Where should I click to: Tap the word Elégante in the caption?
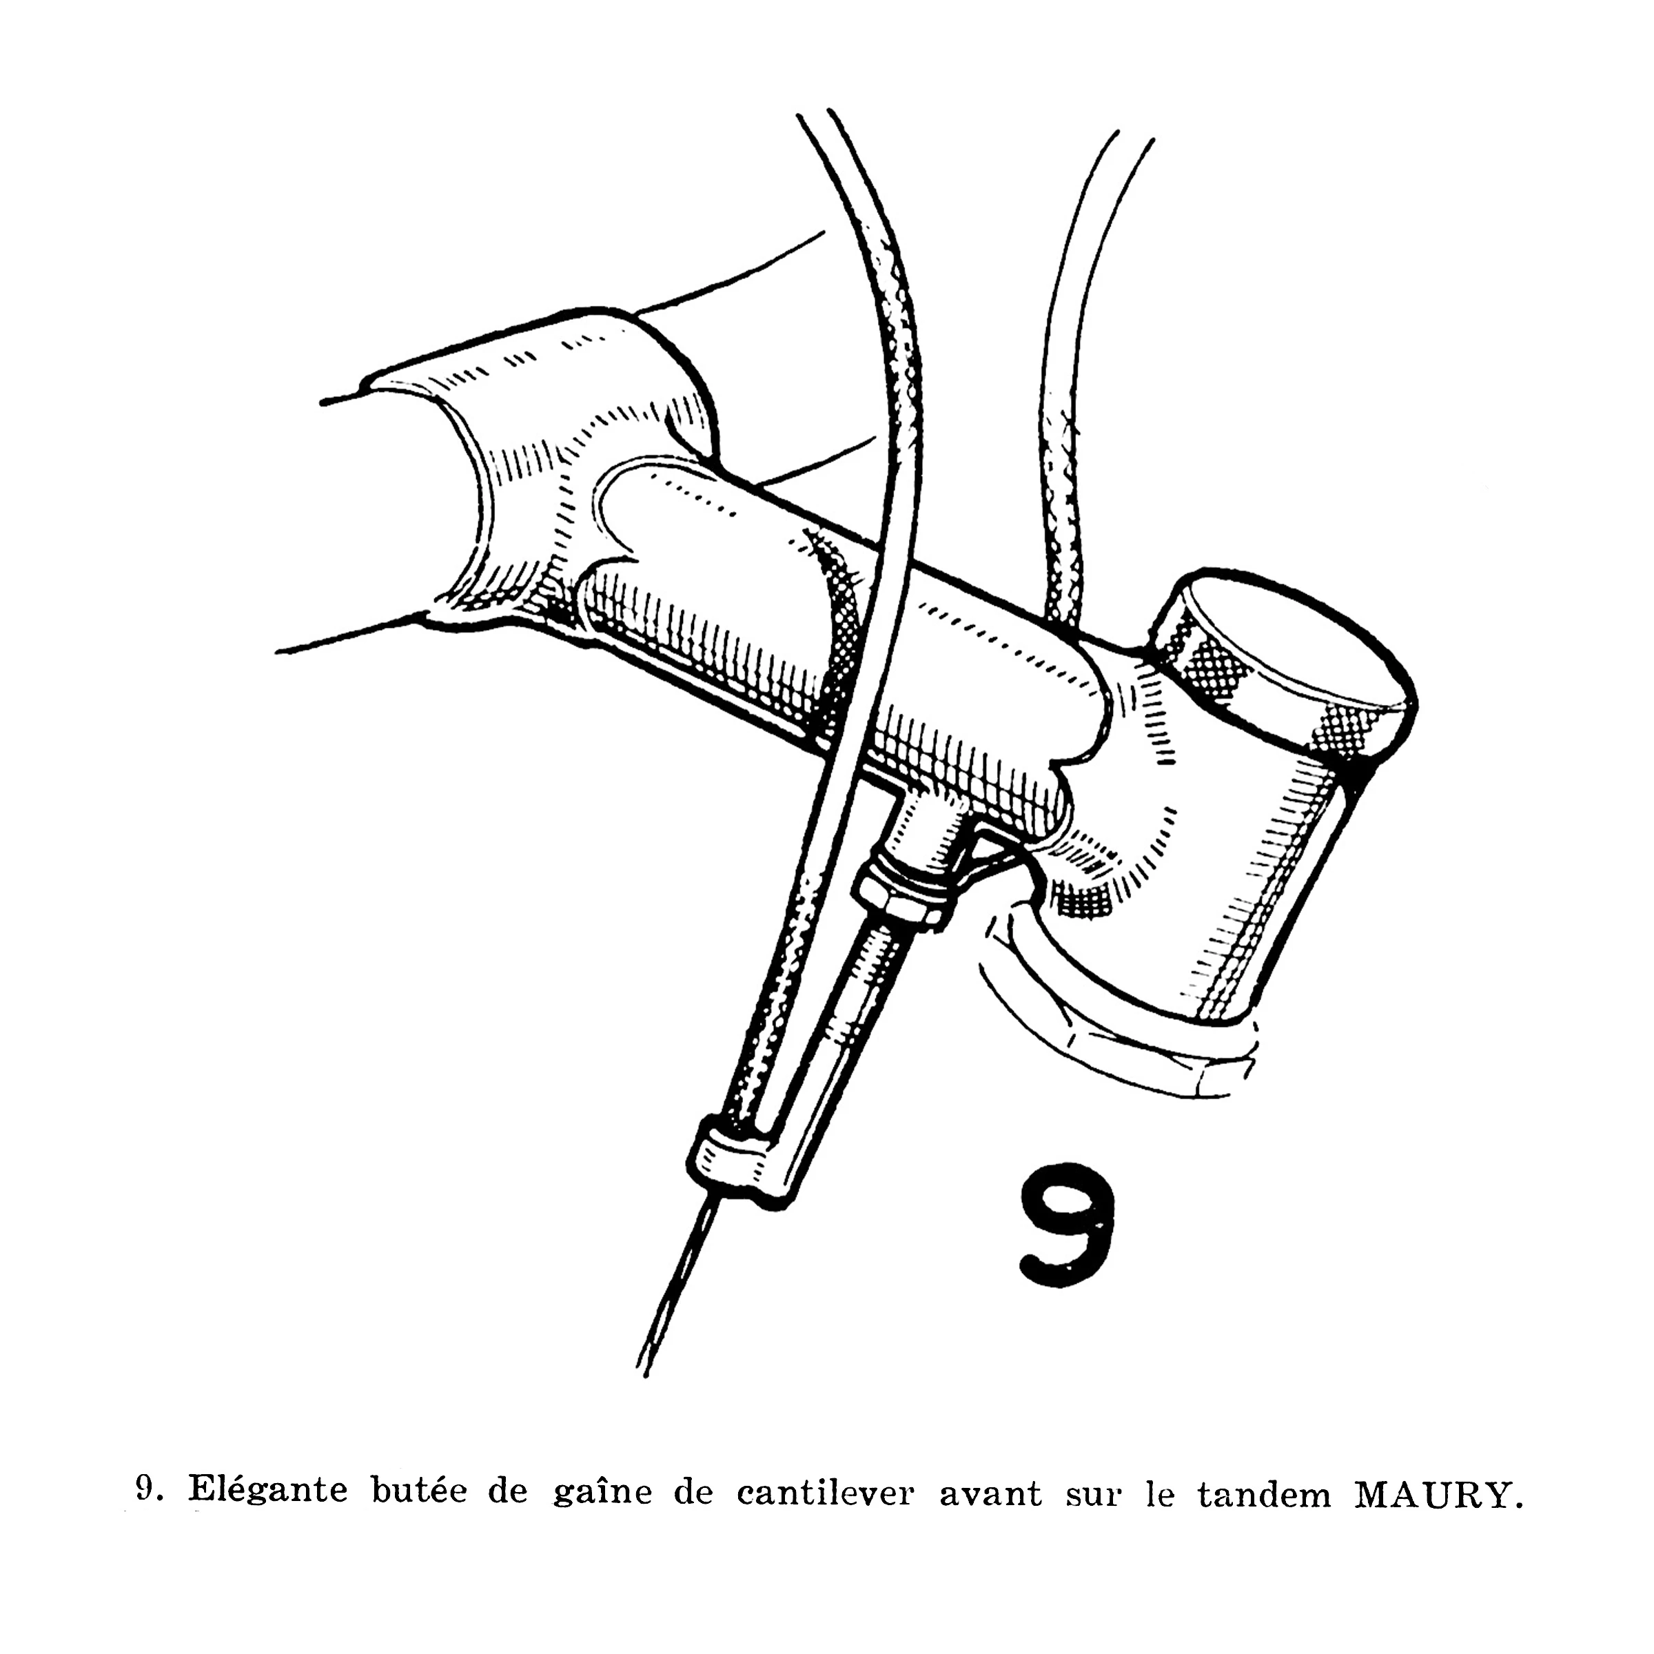(x=268, y=1492)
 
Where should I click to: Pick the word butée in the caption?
(x=420, y=1492)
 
